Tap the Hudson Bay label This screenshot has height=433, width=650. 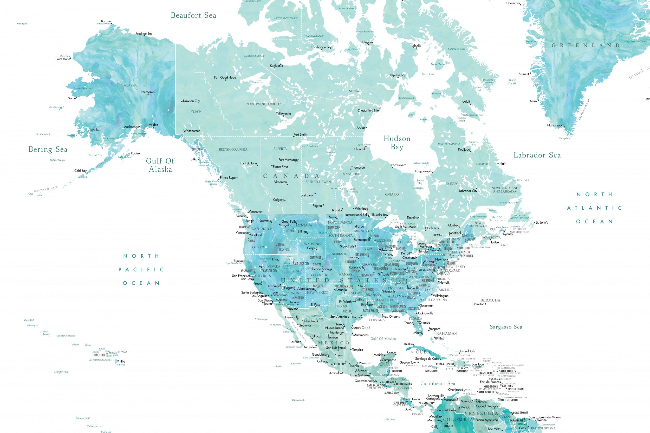[397, 143]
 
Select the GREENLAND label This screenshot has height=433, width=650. [585, 45]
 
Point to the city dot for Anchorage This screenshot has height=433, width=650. [139, 127]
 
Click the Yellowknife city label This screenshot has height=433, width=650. [283, 114]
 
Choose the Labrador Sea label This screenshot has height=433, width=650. [537, 155]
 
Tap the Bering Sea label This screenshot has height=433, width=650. [48, 149]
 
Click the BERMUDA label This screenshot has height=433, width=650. [490, 300]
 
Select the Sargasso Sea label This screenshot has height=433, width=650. [506, 327]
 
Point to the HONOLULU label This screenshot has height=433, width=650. [99, 355]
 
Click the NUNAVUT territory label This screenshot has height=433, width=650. [356, 91]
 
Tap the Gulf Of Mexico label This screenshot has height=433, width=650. [383, 338]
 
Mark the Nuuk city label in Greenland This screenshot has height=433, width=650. [533, 101]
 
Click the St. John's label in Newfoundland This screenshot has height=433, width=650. [542, 222]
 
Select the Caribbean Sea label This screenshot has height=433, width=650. [438, 384]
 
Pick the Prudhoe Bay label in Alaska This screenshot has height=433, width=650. [144, 34]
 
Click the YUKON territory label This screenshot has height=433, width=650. [196, 112]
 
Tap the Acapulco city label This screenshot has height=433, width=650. [335, 373]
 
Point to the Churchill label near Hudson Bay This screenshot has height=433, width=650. [360, 149]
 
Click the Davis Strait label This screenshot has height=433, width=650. [512, 82]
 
